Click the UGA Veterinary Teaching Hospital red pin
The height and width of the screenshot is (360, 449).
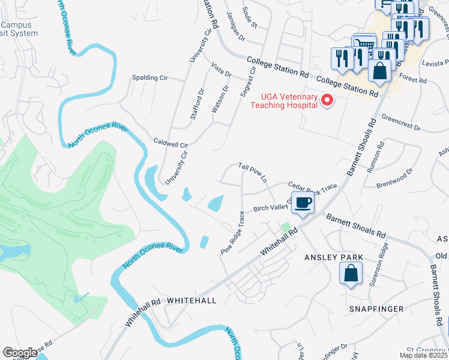(x=327, y=100)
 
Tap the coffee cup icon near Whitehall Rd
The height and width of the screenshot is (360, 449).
(x=303, y=203)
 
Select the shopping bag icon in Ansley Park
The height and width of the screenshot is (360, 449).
(x=351, y=275)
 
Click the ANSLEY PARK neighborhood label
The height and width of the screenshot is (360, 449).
(x=334, y=257)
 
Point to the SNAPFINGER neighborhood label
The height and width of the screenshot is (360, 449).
(x=375, y=308)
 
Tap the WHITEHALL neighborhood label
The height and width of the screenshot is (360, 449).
(x=191, y=299)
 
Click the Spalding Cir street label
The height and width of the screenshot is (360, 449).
(x=150, y=78)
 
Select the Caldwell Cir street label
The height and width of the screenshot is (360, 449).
(x=171, y=145)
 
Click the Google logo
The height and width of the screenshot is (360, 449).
(x=20, y=353)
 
